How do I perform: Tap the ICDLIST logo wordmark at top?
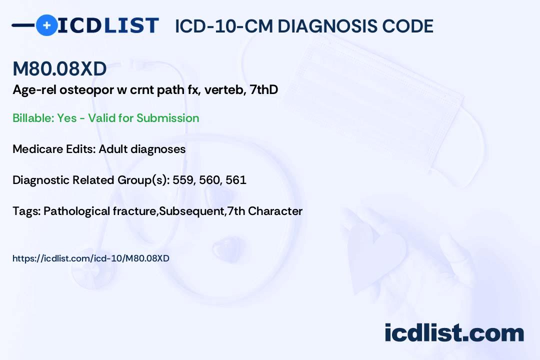coord(108,25)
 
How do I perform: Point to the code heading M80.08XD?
coord(59,69)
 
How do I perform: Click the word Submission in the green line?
coord(167,118)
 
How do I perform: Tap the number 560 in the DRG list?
coord(209,180)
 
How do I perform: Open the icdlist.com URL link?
coord(91,258)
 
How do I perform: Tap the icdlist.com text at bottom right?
coord(454,333)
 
